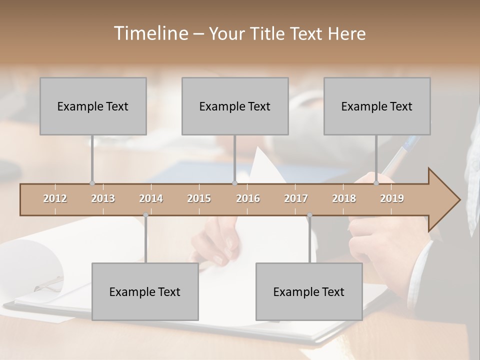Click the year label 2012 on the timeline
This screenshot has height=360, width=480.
(55, 198)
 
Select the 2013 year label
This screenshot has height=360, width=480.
(103, 198)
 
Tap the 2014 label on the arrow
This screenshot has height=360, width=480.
(151, 198)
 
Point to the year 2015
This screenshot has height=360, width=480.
(199, 198)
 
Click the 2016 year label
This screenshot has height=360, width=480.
(248, 198)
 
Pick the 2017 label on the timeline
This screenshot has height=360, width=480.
(296, 198)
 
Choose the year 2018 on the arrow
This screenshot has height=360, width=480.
(344, 198)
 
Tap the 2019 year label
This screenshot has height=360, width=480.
(392, 198)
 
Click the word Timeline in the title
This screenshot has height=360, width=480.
(150, 33)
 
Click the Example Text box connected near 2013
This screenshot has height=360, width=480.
(93, 106)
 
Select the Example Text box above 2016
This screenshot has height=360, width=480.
(235, 106)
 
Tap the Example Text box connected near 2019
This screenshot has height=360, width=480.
(377, 106)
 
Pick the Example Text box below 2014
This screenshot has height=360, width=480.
(145, 292)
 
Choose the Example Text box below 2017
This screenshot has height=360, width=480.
(309, 292)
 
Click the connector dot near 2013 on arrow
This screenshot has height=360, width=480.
(92, 183)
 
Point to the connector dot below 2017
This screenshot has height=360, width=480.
(309, 215)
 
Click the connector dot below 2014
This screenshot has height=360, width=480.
(145, 215)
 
